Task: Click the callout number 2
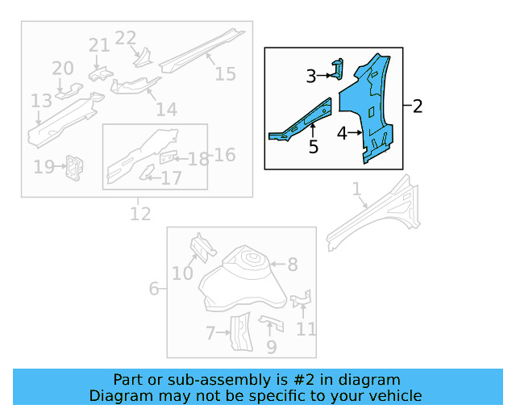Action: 417,106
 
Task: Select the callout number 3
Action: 311,77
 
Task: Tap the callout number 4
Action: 342,134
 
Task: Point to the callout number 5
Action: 314,147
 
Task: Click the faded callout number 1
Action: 356,189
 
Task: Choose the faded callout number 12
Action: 140,214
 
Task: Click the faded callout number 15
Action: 226,73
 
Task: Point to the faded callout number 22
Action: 126,38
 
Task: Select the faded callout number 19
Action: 44,167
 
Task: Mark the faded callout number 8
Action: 292,264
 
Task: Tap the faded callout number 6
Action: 153,289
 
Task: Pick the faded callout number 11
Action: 306,328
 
